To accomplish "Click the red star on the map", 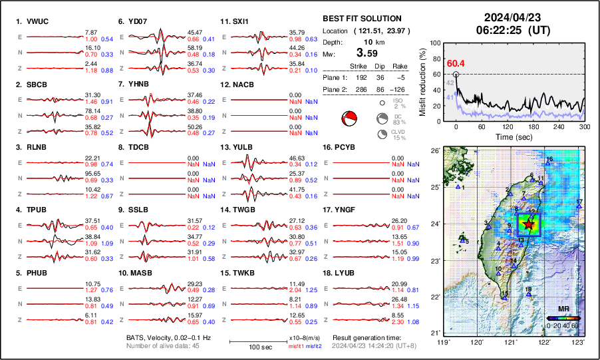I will click(529, 224).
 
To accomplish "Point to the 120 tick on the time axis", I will click(510, 126).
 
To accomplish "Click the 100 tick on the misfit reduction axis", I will click(436, 43).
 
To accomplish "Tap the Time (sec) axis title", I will click(511, 136).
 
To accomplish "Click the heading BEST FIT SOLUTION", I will click(361, 19).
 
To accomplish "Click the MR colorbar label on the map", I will click(563, 309).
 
